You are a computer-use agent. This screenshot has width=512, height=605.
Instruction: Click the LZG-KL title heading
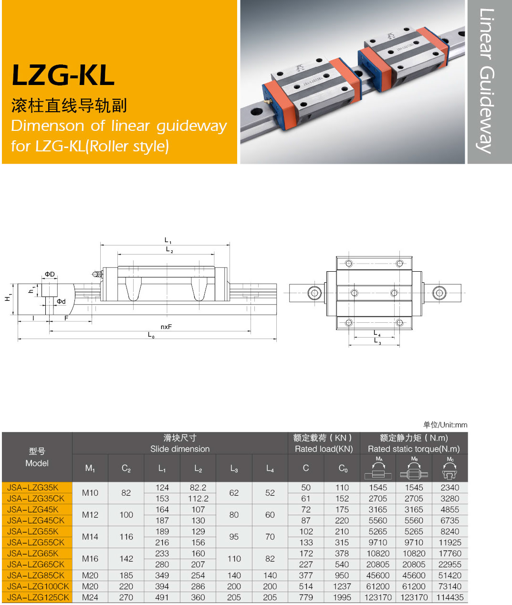coord(63,75)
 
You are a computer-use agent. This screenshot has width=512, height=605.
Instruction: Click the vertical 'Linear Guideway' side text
coord(487,81)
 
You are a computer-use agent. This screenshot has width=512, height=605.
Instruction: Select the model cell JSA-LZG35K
coord(33,488)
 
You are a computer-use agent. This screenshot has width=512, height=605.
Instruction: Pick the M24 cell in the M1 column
coord(90,597)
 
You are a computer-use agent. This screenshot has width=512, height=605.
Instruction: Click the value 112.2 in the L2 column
coord(198,499)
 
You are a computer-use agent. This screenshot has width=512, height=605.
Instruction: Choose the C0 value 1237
coord(342,586)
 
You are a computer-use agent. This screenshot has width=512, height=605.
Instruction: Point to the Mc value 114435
coord(450,597)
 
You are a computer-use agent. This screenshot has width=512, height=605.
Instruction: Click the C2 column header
coord(126,468)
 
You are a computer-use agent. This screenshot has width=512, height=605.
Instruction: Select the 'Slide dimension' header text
coord(180,449)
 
